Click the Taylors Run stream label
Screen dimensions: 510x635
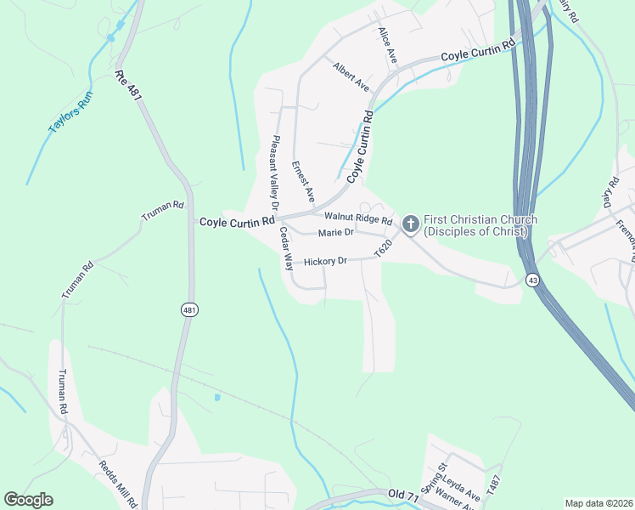coord(70,111)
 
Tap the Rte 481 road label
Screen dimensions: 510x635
coord(128,87)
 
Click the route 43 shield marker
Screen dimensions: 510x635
coord(532,280)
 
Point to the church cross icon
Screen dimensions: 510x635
coord(410,224)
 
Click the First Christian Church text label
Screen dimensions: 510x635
coord(480,225)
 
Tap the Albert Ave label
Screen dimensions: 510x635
coord(351,76)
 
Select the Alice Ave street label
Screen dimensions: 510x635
coord(388,45)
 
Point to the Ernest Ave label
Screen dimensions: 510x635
coord(303,180)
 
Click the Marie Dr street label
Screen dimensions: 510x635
coord(335,233)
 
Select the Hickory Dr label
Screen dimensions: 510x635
coord(326,261)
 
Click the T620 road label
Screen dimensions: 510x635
coord(384,249)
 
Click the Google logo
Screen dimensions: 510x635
coord(29,499)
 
